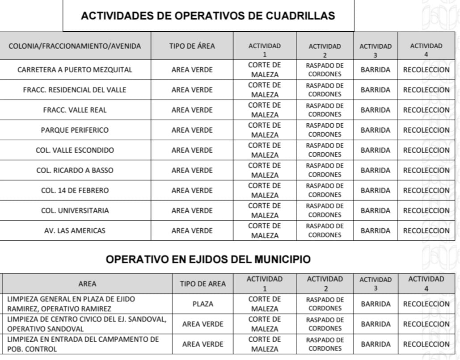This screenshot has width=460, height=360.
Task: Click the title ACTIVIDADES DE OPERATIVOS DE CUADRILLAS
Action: point(208,16)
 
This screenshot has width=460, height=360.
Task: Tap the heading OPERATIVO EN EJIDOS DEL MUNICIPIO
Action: point(208,260)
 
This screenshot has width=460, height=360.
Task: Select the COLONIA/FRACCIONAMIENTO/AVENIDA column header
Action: point(75,46)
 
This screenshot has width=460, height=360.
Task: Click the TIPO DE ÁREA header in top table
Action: point(192,46)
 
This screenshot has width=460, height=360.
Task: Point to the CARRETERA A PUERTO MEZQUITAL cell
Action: point(75,70)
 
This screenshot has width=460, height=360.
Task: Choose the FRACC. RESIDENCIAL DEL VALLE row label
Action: point(75,90)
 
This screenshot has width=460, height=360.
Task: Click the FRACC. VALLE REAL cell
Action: point(75,110)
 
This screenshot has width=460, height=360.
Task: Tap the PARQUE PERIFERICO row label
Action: point(75,130)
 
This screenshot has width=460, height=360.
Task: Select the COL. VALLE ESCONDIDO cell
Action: point(75,150)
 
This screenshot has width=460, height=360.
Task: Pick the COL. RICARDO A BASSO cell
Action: point(75,170)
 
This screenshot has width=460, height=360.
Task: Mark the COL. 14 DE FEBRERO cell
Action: point(75,190)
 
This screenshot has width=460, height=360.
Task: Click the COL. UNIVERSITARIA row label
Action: point(75,210)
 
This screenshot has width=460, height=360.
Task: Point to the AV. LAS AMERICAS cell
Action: point(75,230)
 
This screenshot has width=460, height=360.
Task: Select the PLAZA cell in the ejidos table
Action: point(203,304)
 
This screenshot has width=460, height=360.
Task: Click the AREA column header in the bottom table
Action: point(87,284)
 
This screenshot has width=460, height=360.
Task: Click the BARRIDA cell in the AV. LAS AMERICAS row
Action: point(376,230)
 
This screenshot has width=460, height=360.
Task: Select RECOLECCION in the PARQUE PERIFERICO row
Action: point(426,130)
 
